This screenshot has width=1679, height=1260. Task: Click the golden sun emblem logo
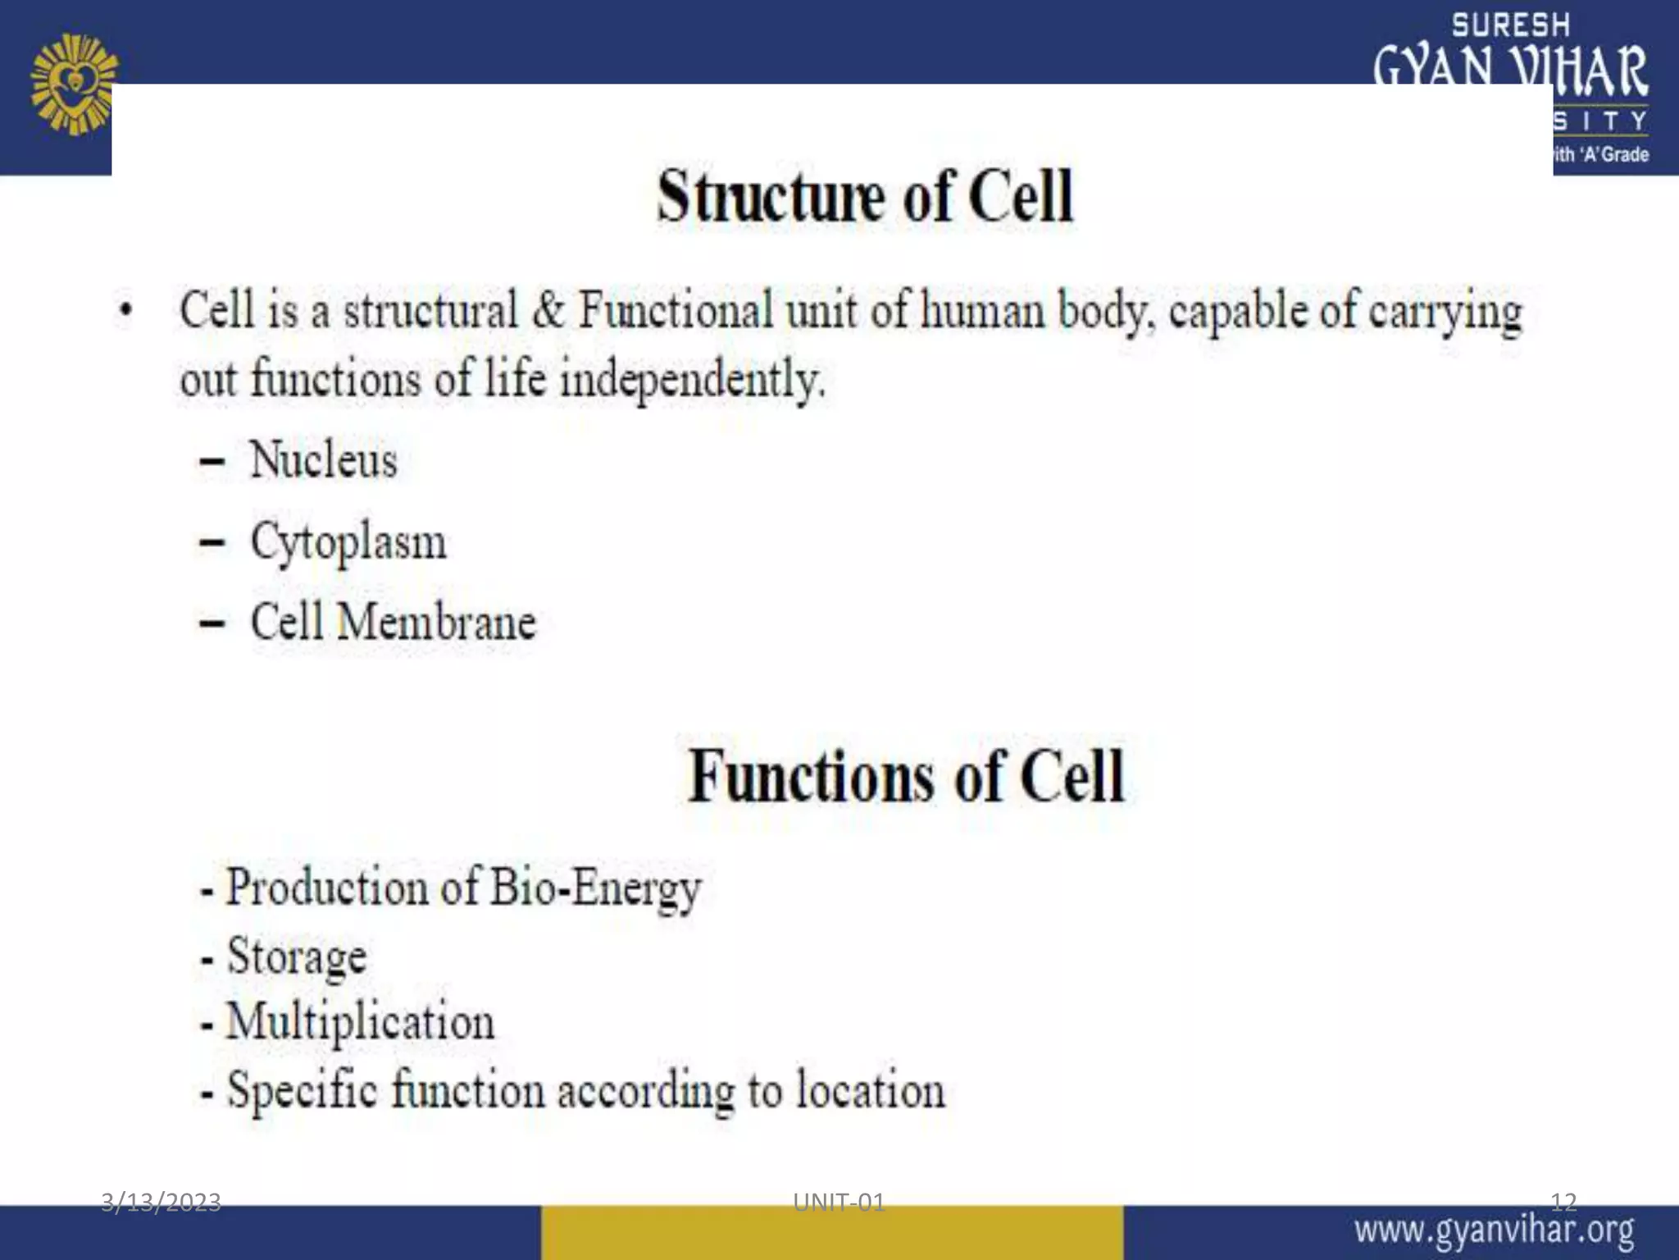(74, 84)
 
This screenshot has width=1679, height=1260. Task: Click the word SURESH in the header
(1510, 25)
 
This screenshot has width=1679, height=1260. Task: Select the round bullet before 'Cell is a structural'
(125, 312)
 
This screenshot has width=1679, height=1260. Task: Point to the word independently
(690, 381)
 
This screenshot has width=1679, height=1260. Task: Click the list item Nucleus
(323, 459)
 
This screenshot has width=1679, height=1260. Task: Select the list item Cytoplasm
(348, 542)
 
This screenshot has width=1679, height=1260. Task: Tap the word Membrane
(436, 622)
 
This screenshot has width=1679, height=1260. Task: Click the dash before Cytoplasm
(212, 542)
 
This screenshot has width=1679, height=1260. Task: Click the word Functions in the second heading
(811, 776)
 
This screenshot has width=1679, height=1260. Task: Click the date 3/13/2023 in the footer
(161, 1202)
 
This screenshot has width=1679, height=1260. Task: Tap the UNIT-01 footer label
(839, 1202)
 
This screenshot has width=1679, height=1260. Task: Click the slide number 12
(1563, 1202)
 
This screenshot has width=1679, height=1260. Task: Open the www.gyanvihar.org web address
(1494, 1231)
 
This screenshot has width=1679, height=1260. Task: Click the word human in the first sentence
(982, 311)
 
